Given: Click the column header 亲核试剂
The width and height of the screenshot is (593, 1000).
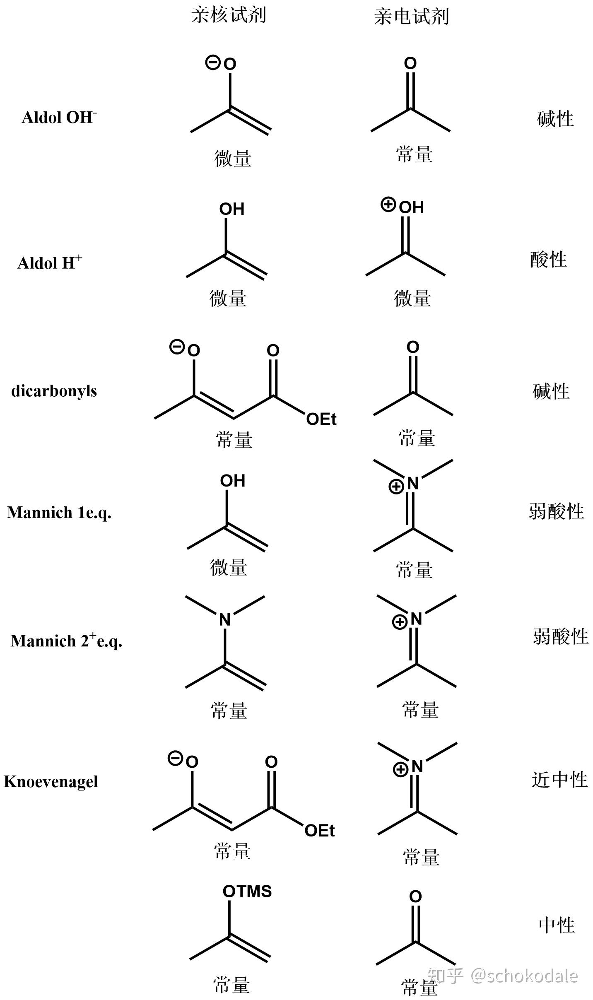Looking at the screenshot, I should tap(228, 15).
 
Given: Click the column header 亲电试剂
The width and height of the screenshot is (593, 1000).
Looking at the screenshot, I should tap(411, 17).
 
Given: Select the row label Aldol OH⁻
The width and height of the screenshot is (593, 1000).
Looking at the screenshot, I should tap(59, 117).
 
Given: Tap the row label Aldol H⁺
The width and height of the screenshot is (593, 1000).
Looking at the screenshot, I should tap(49, 263).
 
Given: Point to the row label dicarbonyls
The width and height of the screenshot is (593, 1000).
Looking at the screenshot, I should tap(54, 390).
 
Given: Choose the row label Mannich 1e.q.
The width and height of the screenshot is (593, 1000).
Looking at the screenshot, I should tap(59, 513).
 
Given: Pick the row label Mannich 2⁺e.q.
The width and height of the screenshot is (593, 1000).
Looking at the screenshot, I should tap(66, 641).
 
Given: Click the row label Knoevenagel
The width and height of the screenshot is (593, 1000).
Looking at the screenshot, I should tap(51, 782).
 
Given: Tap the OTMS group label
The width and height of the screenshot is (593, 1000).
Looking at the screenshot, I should tap(247, 892).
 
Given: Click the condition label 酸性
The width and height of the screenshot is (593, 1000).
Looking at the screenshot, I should tap(548, 260).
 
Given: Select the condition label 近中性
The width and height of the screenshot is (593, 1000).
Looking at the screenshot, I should tap(559, 780).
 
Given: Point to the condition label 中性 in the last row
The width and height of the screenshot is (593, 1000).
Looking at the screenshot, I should tap(557, 925).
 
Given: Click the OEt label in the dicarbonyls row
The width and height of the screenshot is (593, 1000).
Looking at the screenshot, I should tap(321, 419).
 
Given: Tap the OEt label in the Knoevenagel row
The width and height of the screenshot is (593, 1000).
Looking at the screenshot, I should tap(319, 831).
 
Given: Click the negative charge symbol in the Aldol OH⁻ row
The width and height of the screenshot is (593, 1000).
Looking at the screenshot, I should tap(212, 63).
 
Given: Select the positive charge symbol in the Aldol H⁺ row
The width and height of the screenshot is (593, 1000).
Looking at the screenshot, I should tap(388, 205).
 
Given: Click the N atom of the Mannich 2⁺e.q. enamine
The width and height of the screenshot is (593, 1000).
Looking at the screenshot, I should tap(225, 619).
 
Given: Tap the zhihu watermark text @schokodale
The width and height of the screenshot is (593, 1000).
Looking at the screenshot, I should tap(524, 976).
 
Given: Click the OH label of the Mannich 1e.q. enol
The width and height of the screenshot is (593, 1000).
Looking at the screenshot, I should tap(233, 481).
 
